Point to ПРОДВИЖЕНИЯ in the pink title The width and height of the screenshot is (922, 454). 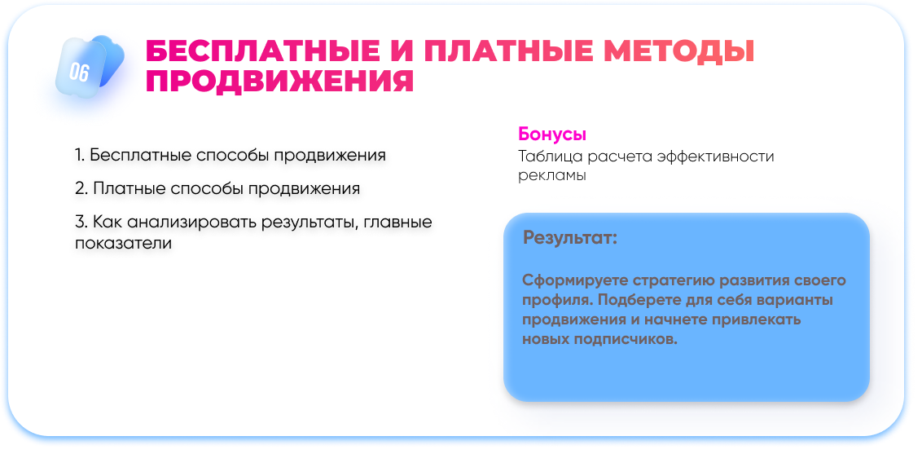tap(280, 82)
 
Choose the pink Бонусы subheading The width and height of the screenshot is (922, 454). tap(552, 134)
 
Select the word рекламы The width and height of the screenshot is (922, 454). tap(552, 176)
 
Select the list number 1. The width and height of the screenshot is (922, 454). tap(80, 156)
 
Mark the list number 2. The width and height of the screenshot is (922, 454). tap(81, 189)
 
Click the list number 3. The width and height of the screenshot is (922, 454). tap(81, 223)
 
